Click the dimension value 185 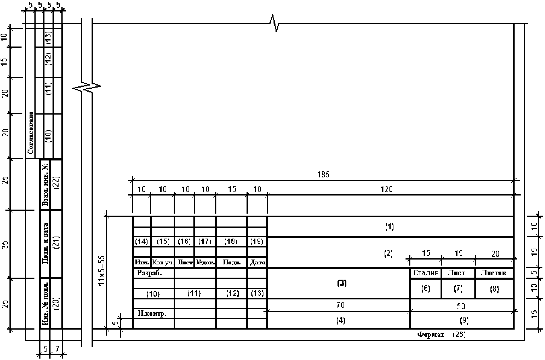click(x=323, y=175)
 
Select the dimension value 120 click(x=386, y=189)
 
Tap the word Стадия click(x=426, y=273)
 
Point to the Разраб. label click(x=150, y=273)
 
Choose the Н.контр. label click(x=152, y=313)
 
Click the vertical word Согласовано click(x=30, y=133)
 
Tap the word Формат click(x=430, y=334)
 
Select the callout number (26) click(x=459, y=334)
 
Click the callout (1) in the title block click(x=389, y=227)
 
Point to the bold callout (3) click(x=342, y=283)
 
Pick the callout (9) click(x=464, y=320)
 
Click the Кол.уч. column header click(x=163, y=262)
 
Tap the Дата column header click(x=257, y=262)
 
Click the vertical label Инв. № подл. click(x=45, y=303)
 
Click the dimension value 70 click(x=340, y=305)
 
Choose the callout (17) click(x=205, y=241)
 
